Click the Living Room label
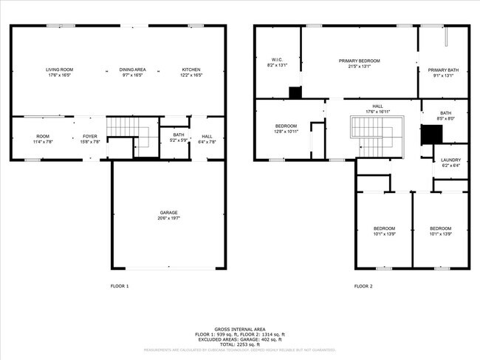(x=63, y=69)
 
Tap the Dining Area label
(x=133, y=69)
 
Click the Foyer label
(x=89, y=136)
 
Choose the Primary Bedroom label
(x=360, y=60)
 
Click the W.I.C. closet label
(x=277, y=60)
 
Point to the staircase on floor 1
(x=122, y=132)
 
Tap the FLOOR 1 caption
(x=120, y=285)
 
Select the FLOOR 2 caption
(x=363, y=285)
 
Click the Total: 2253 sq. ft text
(x=239, y=345)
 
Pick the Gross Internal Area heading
(x=239, y=330)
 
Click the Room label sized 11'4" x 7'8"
(x=43, y=136)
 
